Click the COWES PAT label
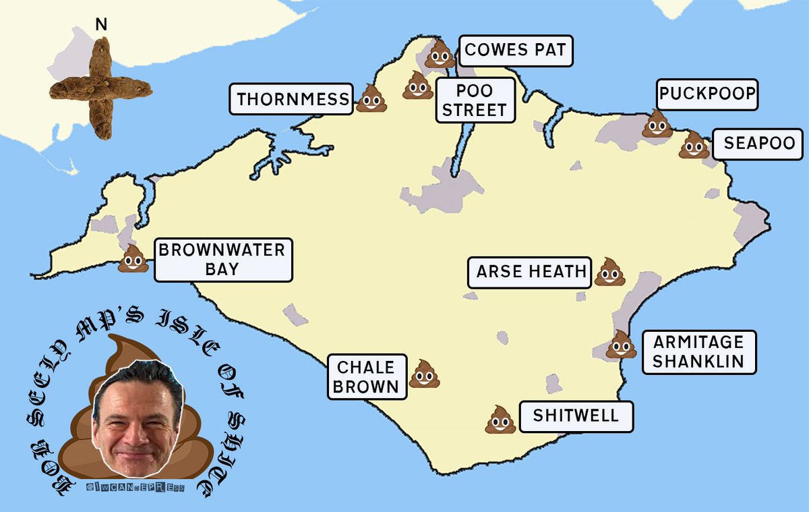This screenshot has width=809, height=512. tap(516, 51)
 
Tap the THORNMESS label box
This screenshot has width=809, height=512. tap(293, 101)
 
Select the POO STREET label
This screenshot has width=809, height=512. tap(475, 101)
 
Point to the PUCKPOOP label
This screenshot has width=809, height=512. tap(707, 94)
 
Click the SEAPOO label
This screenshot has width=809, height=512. tap(758, 144)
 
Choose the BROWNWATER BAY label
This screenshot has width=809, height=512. tap(223, 260)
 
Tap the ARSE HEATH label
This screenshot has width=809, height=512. tap(531, 272)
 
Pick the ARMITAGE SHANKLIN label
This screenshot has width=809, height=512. tap(698, 351)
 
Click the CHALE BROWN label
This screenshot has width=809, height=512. tap(367, 377)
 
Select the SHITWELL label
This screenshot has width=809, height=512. tap(575, 416)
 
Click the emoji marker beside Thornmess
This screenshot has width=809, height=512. tap(371, 98)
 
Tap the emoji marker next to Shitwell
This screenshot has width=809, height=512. tap(500, 420)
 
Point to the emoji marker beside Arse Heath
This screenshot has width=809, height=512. tap(609, 272)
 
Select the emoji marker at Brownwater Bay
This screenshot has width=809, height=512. tap(133, 259)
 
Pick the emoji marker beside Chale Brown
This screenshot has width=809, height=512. tap(425, 374)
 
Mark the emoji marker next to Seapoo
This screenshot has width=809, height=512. tap(694, 145)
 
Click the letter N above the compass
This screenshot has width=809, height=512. tap(101, 26)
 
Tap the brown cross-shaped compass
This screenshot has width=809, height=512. tap(101, 88)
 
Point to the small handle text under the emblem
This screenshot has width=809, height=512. tap(134, 487)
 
